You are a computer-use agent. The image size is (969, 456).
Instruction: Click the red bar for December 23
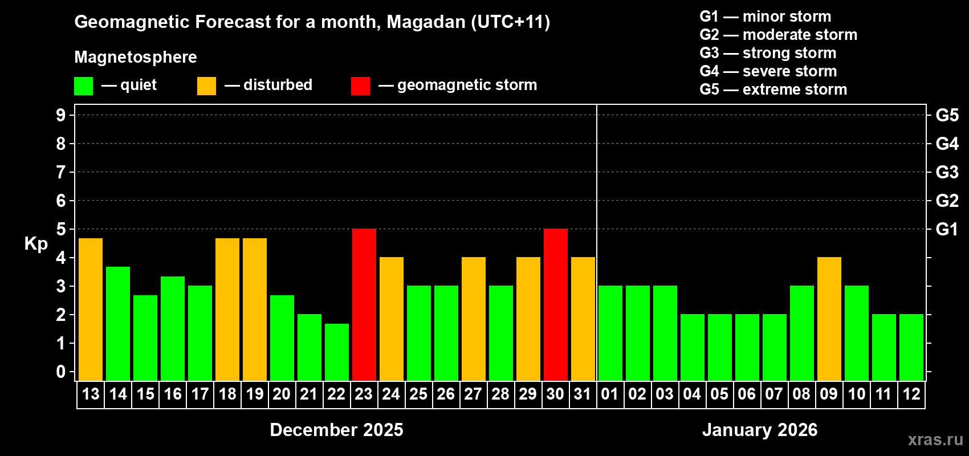364,304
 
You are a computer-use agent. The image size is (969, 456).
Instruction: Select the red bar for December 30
555,304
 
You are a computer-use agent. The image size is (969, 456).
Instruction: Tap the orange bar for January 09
829,319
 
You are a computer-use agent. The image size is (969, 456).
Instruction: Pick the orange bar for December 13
90,309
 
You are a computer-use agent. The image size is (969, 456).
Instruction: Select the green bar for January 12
911,347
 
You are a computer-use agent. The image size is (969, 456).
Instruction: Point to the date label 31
583,394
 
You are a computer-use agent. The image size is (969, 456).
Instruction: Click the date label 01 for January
610,394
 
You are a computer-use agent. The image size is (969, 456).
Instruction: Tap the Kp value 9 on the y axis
61,115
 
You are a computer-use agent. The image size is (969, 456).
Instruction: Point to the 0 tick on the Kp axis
61,372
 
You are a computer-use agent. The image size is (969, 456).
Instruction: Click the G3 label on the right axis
947,172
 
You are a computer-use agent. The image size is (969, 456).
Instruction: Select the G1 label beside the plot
947,229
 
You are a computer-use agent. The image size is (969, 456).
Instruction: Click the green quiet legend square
83,86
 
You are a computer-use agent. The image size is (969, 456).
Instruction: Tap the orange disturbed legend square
206,86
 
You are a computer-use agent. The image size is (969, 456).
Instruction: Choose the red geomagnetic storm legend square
360,86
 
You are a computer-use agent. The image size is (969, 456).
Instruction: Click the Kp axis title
36,243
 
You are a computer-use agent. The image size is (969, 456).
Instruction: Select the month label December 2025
336,430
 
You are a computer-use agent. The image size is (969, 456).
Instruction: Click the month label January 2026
760,430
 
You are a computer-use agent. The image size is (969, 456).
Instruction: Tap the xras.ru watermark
935,439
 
